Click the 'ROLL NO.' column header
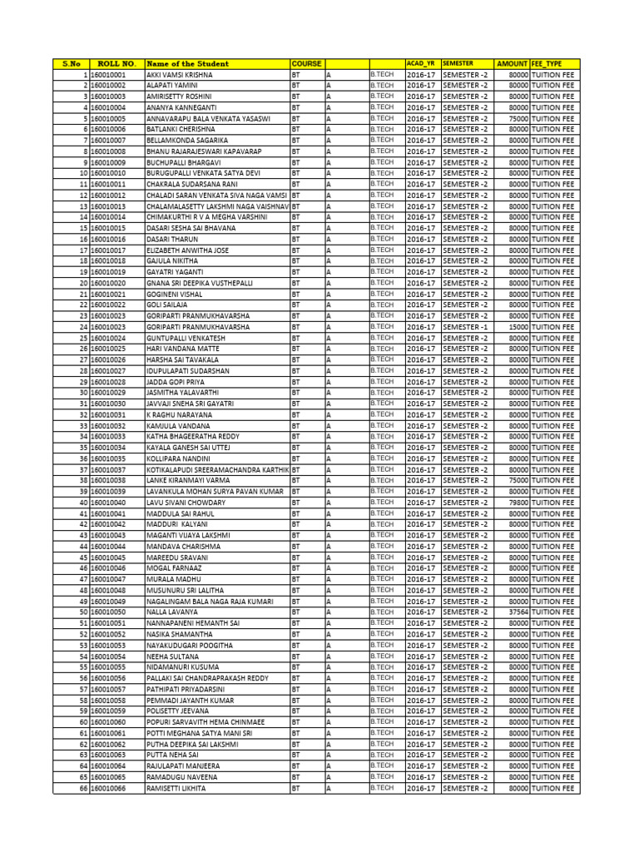coord(116,63)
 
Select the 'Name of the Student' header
coord(187,63)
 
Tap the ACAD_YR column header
coord(420,63)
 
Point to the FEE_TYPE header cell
coord(547,63)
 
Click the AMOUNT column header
coord(512,63)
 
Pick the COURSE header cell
coord(306,63)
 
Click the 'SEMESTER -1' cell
coord(465,327)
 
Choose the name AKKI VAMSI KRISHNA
coord(180,75)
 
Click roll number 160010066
coord(108,787)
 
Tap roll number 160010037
coord(108,469)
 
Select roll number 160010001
coord(108,75)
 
